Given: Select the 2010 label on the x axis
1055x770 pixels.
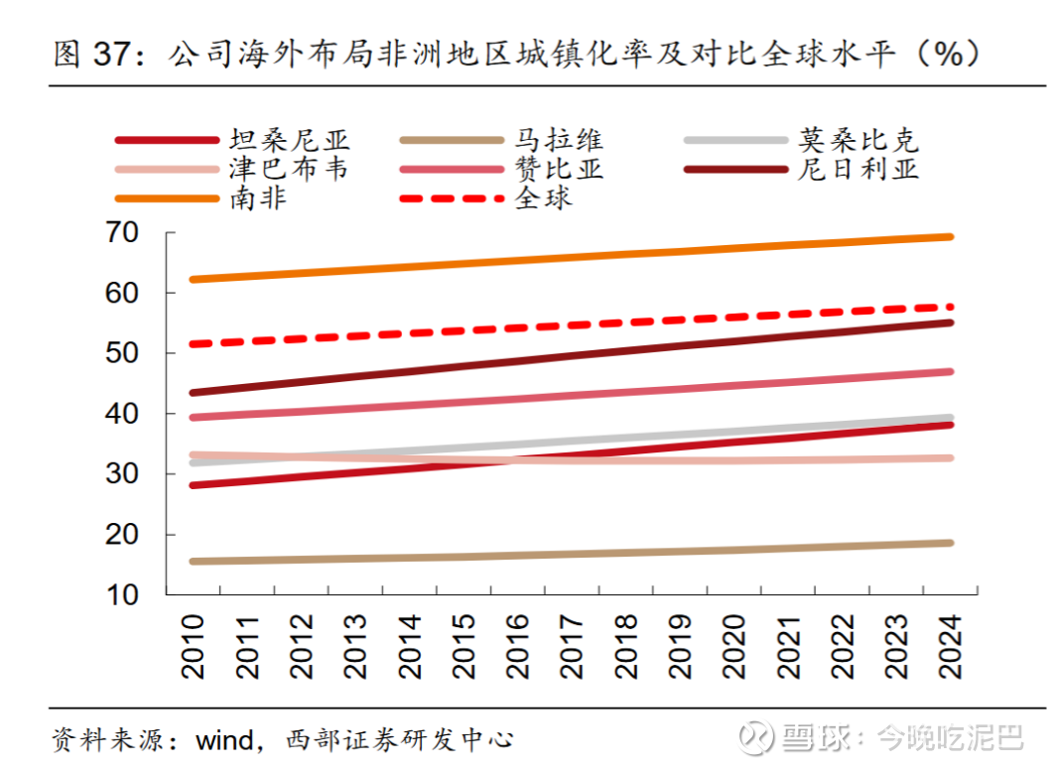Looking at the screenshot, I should click(x=195, y=645).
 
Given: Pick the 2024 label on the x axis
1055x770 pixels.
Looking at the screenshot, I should click(x=950, y=645).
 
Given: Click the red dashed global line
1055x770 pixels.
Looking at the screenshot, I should click(x=571, y=325).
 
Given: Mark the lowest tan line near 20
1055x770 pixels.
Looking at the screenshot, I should click(x=571, y=554).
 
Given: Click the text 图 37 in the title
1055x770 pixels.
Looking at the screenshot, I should click(x=93, y=54).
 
